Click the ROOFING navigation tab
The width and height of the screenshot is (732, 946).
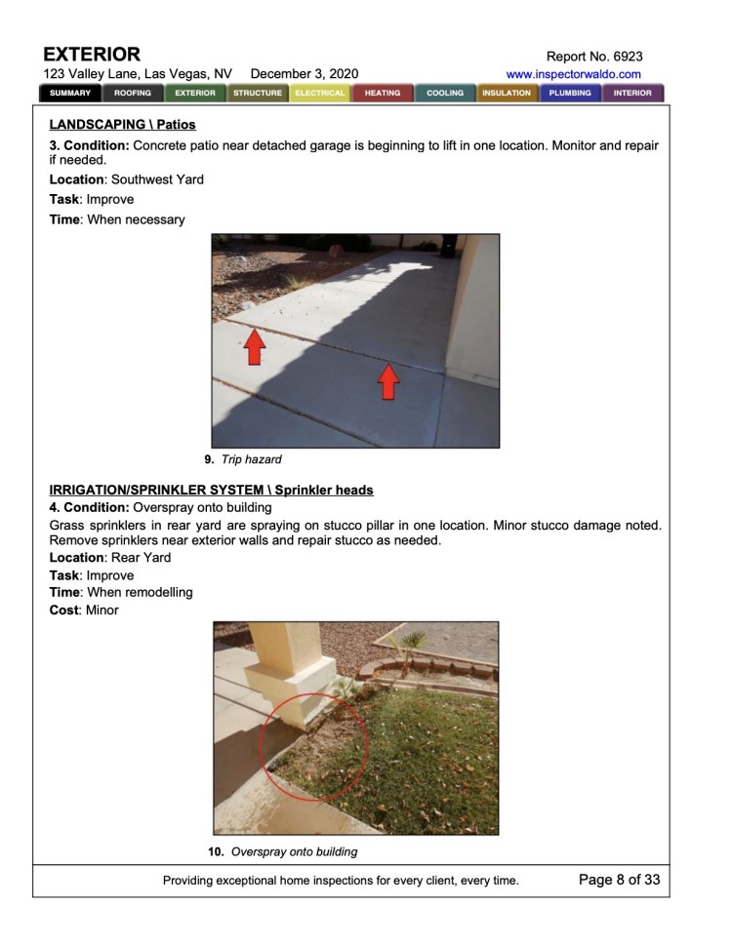point(133,94)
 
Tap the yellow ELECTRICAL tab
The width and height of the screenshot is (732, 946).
point(320,94)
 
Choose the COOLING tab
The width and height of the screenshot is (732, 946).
point(445,94)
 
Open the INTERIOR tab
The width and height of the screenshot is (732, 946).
point(632,94)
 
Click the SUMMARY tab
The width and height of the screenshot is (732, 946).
point(70,94)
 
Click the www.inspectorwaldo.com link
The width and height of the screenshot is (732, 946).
point(574,74)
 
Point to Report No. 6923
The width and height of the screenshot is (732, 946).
point(595,57)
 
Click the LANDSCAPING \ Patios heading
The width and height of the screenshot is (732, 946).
point(122,125)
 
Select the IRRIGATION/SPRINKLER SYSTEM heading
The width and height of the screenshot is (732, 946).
point(211,490)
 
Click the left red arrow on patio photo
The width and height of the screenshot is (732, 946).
point(254,347)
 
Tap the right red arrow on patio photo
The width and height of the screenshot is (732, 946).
point(388,380)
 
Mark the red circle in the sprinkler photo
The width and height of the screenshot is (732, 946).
point(313,746)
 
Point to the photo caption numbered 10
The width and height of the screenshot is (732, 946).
point(282,851)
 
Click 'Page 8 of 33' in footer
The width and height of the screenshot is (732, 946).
point(619,880)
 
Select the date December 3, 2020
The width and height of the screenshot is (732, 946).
point(305,74)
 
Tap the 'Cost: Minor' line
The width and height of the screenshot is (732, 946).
point(84,611)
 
